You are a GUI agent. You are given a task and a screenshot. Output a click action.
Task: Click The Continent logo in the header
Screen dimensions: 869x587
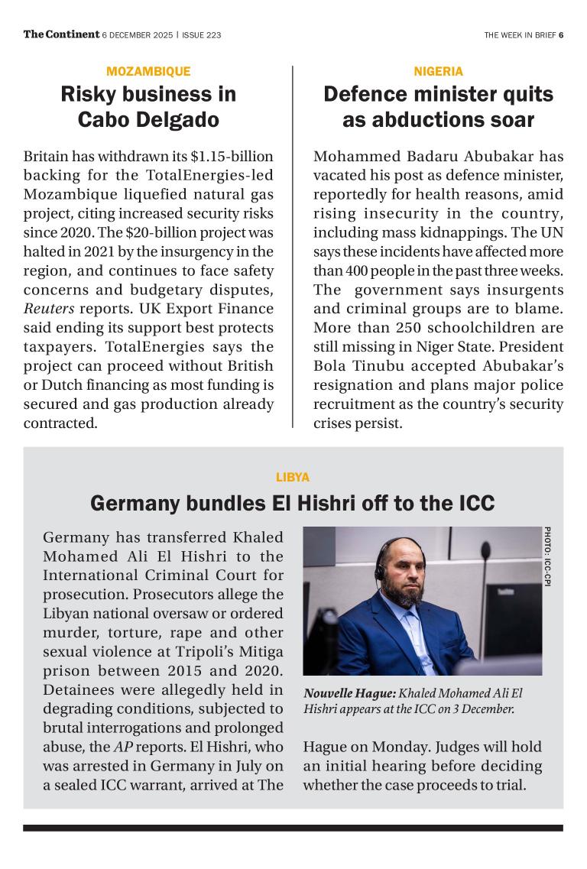61,34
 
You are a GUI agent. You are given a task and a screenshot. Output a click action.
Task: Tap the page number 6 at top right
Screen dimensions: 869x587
561,35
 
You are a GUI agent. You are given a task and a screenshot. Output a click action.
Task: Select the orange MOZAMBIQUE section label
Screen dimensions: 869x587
148,71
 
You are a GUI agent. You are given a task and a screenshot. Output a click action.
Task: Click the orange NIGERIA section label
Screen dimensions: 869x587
438,71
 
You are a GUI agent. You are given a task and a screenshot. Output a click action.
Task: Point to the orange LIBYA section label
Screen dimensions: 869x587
293,478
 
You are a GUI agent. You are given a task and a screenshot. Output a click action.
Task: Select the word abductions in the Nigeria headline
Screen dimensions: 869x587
430,120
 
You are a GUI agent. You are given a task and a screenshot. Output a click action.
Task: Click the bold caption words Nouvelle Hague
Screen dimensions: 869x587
349,693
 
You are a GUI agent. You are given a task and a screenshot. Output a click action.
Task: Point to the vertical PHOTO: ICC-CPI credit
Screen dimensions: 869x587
548,557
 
